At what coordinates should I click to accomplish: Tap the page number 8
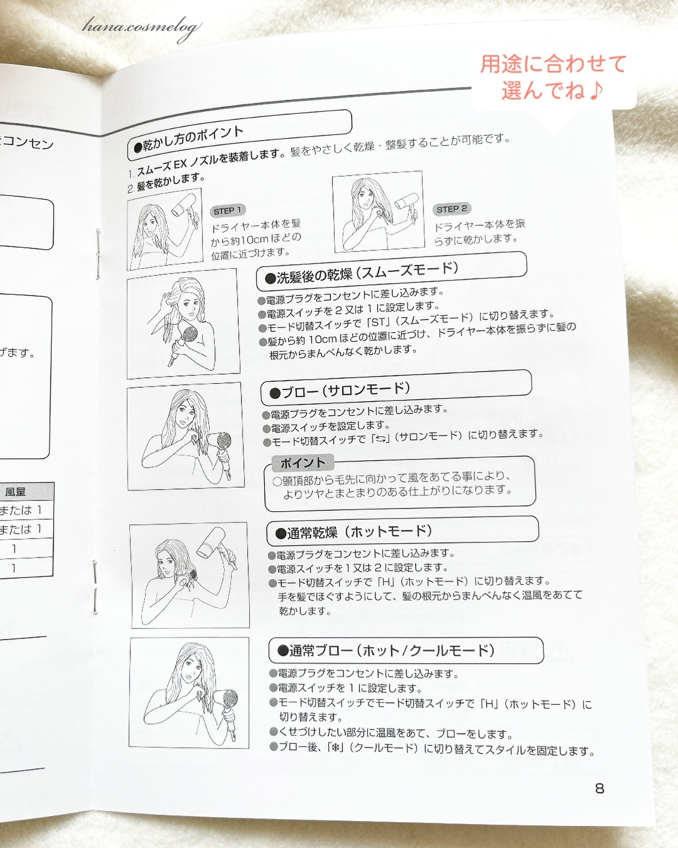pyautogui.click(x=599, y=788)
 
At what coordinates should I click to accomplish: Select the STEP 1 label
pyautogui.click(x=227, y=211)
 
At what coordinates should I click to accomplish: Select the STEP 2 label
pyautogui.click(x=452, y=209)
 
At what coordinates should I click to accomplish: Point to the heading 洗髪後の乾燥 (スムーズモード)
pyautogui.click(x=363, y=273)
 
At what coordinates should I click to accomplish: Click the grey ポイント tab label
pyautogui.click(x=303, y=463)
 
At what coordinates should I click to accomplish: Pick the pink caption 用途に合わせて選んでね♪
pyautogui.click(x=553, y=77)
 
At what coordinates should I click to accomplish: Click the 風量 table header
pyautogui.click(x=16, y=492)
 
